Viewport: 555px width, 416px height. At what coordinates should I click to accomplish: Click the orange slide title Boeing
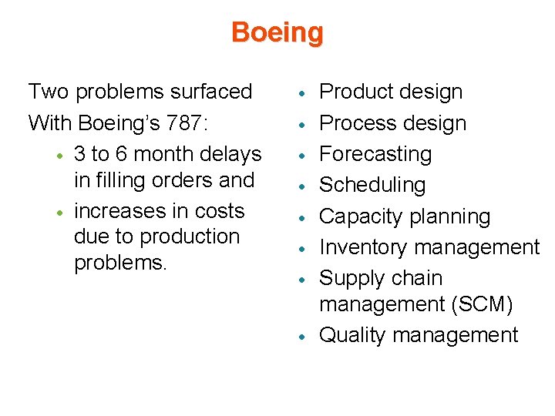tap(277, 32)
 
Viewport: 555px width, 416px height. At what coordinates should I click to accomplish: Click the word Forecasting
tap(375, 154)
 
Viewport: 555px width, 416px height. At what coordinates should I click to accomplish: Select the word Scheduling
tap(372, 186)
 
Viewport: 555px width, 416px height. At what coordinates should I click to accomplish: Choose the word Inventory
tap(362, 247)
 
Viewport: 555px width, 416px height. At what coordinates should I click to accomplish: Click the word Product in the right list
tap(357, 92)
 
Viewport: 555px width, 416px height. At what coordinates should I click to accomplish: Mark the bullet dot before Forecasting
tap(306, 155)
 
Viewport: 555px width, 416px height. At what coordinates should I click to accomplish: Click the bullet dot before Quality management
tap(306, 336)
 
